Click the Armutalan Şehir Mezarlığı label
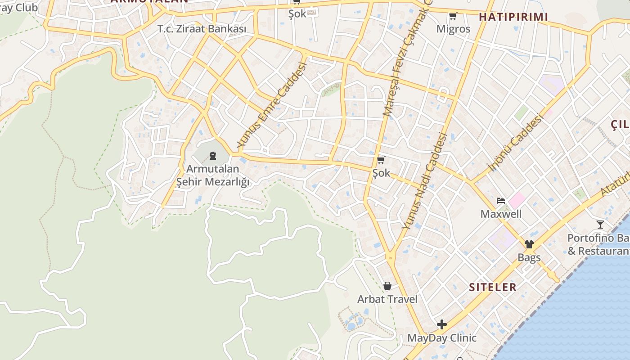[212, 175]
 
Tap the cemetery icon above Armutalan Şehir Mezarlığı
[212, 156]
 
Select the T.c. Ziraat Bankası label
[202, 29]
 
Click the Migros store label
[453, 29]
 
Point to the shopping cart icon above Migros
[453, 16]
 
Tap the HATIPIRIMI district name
[513, 17]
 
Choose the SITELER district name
[493, 287]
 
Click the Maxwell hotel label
[501, 214]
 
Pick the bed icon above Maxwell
[501, 200]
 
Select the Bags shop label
[529, 258]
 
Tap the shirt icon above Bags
[529, 244]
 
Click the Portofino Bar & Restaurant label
[598, 244]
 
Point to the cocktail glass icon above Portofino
[600, 224]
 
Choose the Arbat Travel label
[387, 299]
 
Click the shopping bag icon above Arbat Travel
[387, 286]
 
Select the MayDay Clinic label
[441, 337]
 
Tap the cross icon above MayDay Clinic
[441, 324]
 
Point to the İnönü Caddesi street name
[516, 143]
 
